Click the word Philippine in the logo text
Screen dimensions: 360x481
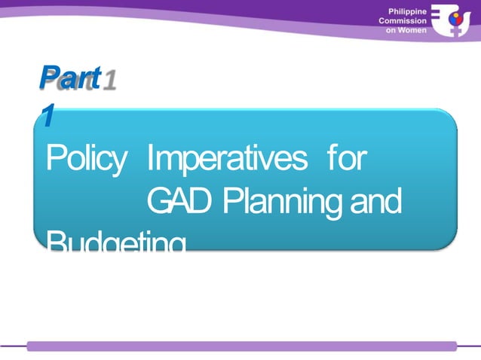406,11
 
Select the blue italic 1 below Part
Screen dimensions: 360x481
47,115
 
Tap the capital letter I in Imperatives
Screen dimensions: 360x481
150,159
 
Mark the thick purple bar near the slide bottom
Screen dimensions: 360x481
241,346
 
